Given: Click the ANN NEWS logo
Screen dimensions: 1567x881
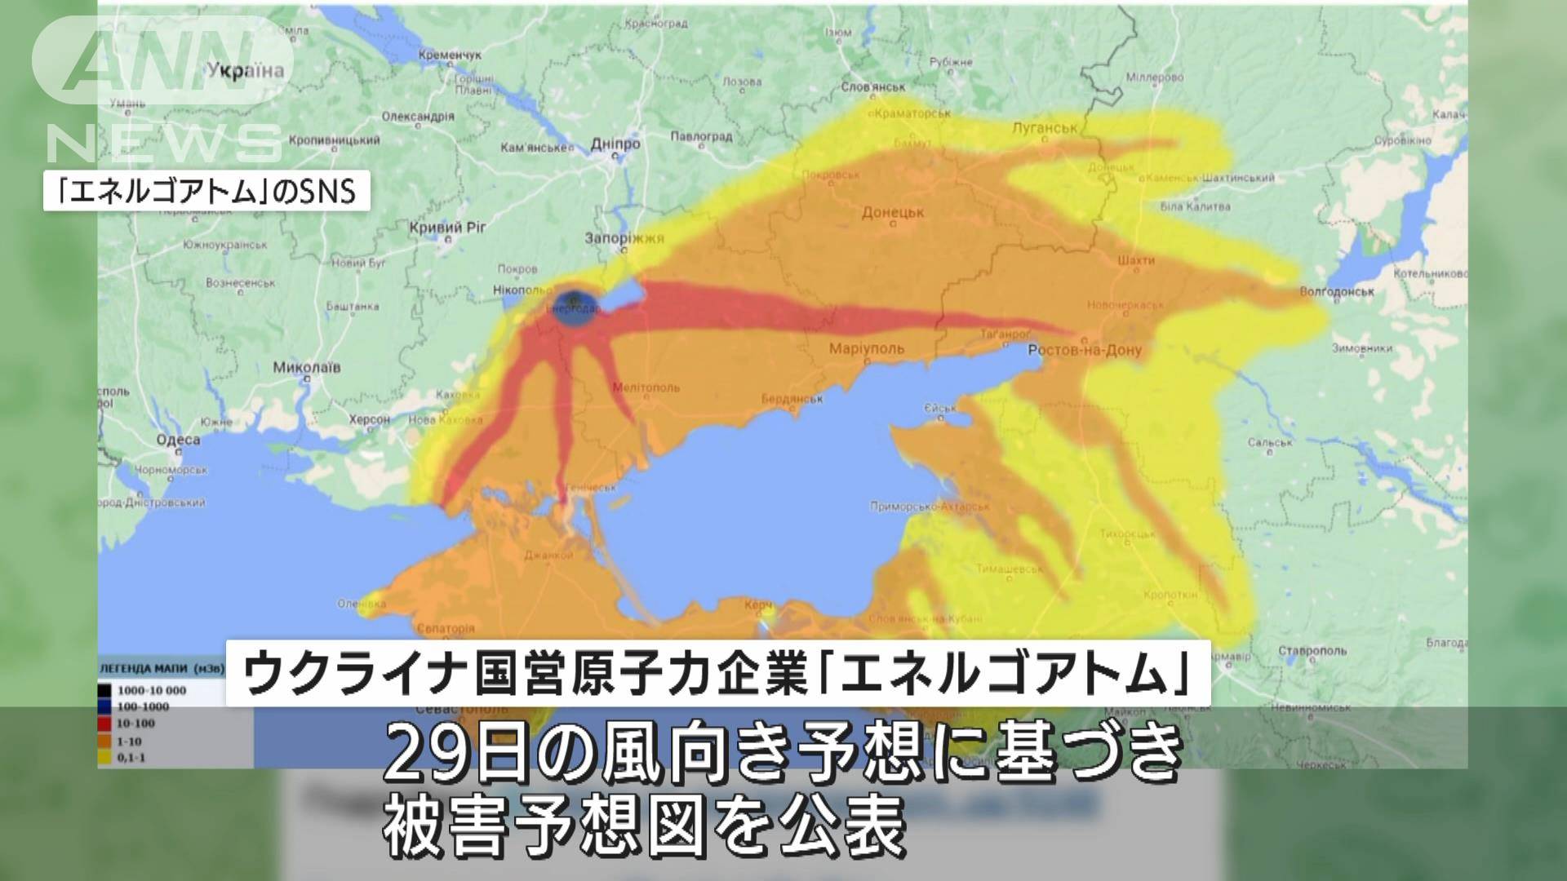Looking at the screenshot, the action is [x=163, y=90].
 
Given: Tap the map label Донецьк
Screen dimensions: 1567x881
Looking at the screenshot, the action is [x=893, y=213].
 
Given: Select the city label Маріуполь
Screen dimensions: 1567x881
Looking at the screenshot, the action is [x=866, y=349].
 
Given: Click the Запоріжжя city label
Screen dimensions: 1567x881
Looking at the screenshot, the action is [x=624, y=239].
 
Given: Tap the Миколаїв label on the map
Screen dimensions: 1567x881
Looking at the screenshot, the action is [x=307, y=368].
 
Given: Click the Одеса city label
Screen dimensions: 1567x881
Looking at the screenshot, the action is [x=178, y=440].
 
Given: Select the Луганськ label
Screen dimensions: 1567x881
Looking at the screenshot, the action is [x=1044, y=128].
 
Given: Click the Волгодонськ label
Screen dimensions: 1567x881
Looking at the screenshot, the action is [x=1337, y=291].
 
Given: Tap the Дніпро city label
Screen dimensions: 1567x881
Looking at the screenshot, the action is [x=615, y=144].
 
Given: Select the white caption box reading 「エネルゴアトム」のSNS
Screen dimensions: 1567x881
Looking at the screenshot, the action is [x=206, y=193].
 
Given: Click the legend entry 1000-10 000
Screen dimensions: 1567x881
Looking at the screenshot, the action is [x=151, y=690].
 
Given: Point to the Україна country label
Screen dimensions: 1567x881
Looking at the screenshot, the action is [x=246, y=70].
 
